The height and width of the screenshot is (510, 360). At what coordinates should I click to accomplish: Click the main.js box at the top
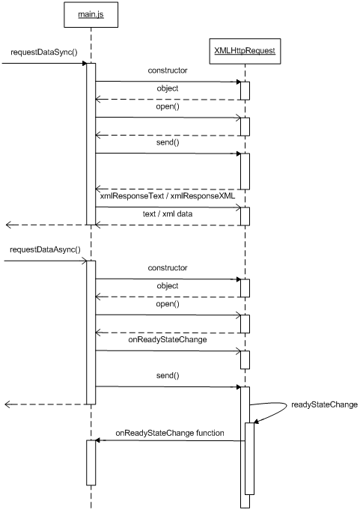tap(91, 15)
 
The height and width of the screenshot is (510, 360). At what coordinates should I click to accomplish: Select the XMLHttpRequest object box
tap(245, 51)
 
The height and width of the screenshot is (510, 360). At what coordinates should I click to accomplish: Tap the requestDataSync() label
tap(44, 52)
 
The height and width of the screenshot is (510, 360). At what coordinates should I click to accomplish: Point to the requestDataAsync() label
tap(45, 250)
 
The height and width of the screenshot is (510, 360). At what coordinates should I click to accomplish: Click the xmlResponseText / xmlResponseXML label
tap(168, 195)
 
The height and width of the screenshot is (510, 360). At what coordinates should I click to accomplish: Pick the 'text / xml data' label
tap(168, 213)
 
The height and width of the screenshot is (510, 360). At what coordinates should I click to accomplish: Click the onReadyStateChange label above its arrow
tap(168, 339)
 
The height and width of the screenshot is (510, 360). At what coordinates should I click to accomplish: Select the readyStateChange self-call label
tap(324, 404)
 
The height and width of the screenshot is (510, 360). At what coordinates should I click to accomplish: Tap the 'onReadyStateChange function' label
tap(170, 433)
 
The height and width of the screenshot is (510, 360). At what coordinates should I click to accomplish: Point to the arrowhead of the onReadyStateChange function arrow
tap(97, 440)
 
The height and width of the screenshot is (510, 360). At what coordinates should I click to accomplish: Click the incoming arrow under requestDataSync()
tap(44, 63)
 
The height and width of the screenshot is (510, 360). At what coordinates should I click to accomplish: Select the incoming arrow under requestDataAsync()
tap(46, 261)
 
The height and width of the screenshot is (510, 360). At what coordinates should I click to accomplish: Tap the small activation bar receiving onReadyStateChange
tap(245, 359)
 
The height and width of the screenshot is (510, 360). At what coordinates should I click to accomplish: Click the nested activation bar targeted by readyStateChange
tap(249, 458)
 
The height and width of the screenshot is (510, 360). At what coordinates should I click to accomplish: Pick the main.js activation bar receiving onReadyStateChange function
tap(91, 463)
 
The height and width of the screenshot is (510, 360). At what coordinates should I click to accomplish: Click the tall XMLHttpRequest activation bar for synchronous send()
tap(245, 171)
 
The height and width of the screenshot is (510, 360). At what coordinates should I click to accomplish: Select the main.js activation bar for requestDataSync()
tap(91, 144)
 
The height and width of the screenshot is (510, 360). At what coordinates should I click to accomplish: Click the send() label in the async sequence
tap(168, 376)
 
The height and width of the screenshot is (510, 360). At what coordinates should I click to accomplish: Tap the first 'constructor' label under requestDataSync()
tap(168, 70)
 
